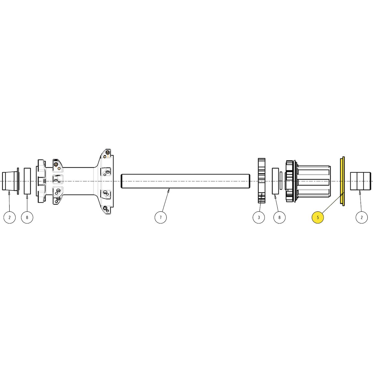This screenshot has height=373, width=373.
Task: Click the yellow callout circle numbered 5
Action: click(x=318, y=217)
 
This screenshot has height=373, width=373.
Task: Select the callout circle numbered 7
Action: click(x=160, y=217)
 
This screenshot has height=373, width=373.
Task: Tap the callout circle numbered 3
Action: click(x=259, y=217)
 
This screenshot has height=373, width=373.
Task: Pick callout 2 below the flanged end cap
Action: click(x=10, y=217)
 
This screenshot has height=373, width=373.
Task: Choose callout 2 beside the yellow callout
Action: click(x=361, y=217)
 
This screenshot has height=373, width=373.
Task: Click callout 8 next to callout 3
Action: click(x=279, y=217)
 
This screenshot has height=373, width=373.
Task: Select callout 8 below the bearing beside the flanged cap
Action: click(x=27, y=217)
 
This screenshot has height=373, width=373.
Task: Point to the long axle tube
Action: click(x=186, y=181)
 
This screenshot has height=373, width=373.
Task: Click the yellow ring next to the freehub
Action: click(x=342, y=181)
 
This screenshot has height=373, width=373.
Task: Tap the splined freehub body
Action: click(x=308, y=181)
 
